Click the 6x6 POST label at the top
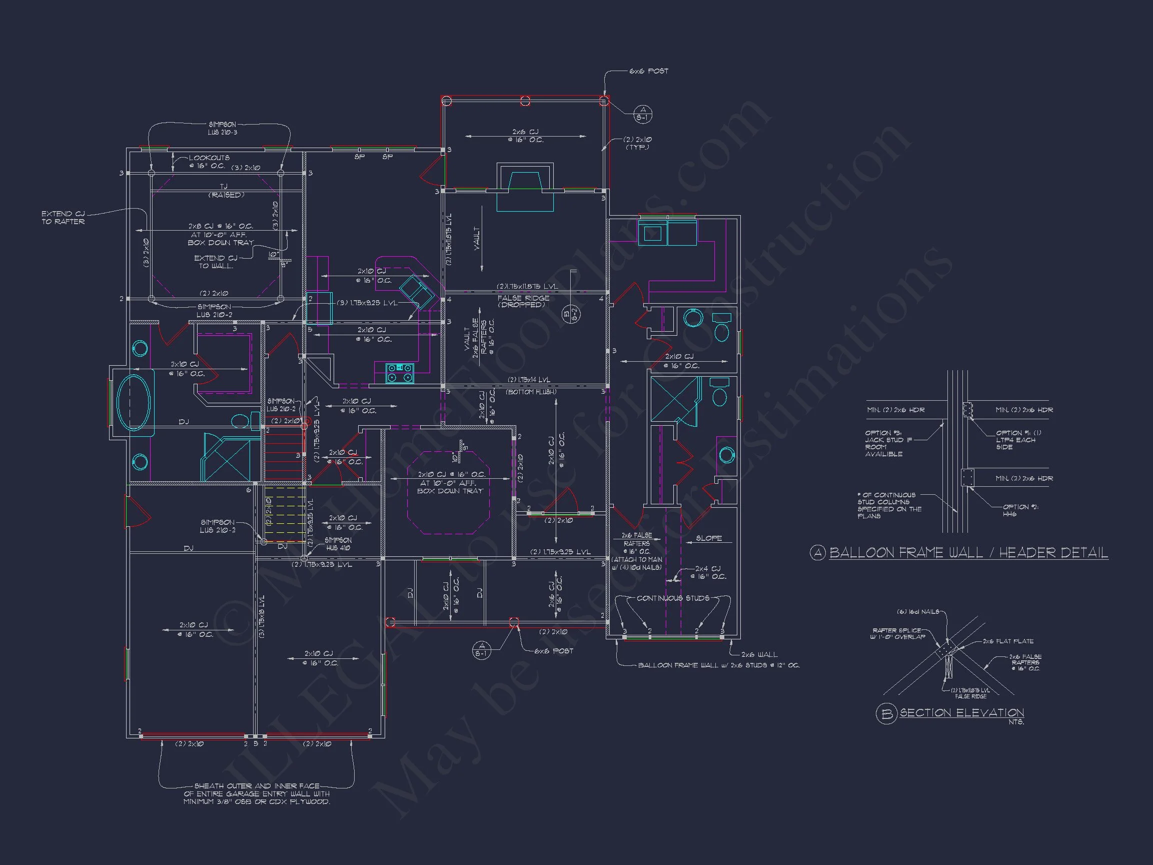coord(648,71)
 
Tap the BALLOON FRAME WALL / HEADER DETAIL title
coord(968,553)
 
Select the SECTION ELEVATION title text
coord(962,713)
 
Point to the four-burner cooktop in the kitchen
coord(400,373)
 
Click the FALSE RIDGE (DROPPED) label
coord(523,301)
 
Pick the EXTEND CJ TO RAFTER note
coord(63,218)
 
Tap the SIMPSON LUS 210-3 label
coord(223,128)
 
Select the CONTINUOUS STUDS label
coord(672,598)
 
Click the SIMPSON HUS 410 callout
coord(338,544)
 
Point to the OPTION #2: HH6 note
coord(1020,510)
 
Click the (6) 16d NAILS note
coord(920,611)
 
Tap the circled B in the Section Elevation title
coord(886,713)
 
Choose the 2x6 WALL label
coord(759,654)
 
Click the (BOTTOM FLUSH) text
coord(531,392)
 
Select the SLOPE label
coord(709,538)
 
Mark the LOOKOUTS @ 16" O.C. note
coord(208,162)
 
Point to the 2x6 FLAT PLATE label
coord(1007,641)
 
